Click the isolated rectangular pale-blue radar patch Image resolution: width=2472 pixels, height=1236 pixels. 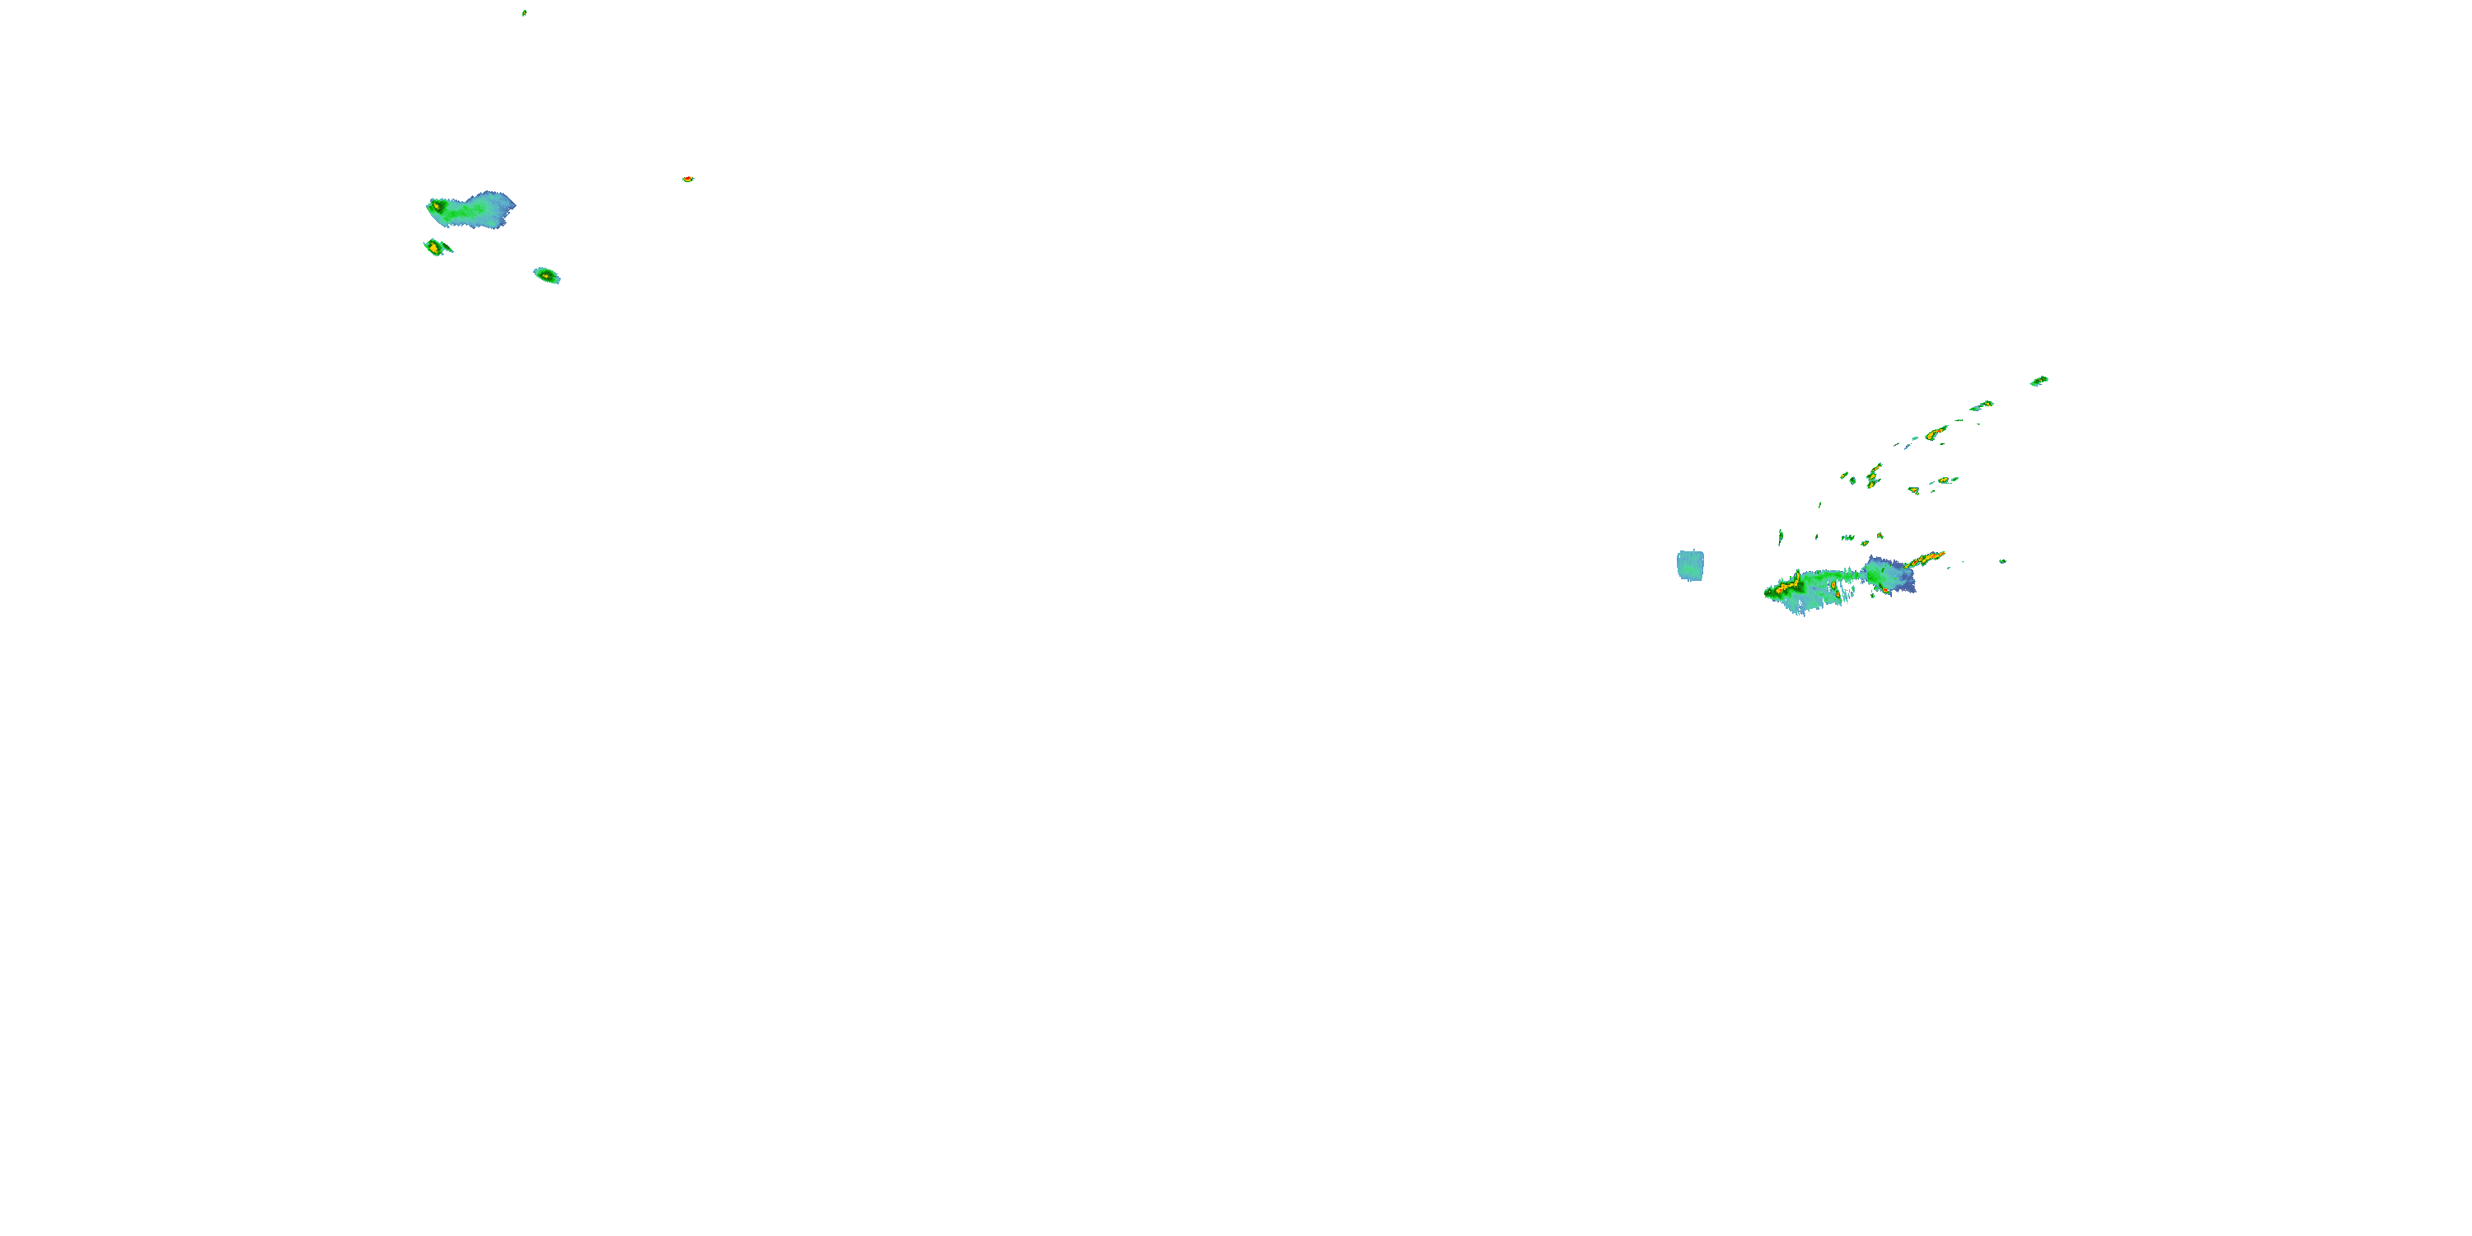click(x=1690, y=565)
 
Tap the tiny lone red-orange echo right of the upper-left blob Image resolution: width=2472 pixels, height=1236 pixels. click(x=688, y=180)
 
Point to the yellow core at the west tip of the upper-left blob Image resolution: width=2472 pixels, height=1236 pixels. click(x=438, y=205)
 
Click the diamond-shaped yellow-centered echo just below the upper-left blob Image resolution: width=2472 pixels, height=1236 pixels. click(x=436, y=247)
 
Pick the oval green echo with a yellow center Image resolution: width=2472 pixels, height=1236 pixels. click(x=547, y=275)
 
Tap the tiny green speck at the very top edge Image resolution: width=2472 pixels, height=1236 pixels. click(x=524, y=13)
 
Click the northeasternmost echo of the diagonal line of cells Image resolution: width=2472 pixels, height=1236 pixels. click(x=2039, y=381)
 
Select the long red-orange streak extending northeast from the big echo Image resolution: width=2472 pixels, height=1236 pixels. click(x=1925, y=559)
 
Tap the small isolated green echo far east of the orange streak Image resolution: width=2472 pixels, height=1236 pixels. click(x=2003, y=561)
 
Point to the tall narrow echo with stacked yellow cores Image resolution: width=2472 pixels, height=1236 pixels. click(x=1873, y=476)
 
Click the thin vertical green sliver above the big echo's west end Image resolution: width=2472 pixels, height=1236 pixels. click(x=1780, y=536)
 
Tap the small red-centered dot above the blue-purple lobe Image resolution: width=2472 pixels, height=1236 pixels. click(x=1880, y=536)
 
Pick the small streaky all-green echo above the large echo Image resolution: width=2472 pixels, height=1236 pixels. click(x=1847, y=538)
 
